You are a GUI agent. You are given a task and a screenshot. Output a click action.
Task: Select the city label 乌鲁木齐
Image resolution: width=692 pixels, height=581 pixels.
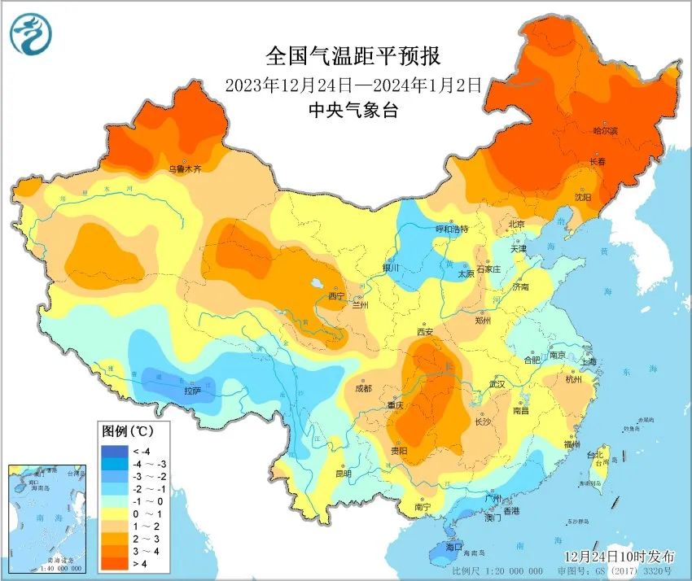coord(185,169)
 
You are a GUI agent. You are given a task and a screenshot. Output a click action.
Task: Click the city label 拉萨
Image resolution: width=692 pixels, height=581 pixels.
coord(192,391)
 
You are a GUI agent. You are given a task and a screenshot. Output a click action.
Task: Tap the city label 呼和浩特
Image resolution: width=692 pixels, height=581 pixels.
coord(453,229)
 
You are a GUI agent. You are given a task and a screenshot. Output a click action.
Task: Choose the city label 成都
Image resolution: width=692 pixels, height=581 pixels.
coord(362,388)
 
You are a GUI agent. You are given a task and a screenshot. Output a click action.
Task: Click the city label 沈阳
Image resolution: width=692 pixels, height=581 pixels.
coord(582,197)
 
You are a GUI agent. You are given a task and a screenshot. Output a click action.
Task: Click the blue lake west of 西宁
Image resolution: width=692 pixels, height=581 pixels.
coord(316,284)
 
